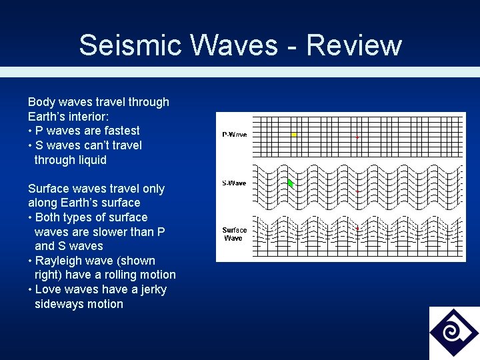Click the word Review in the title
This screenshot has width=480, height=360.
pyautogui.click(x=354, y=45)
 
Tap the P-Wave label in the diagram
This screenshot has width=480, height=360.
pyautogui.click(x=234, y=135)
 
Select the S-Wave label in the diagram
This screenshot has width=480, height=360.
pyautogui.click(x=234, y=183)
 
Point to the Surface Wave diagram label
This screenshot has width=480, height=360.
pyautogui.click(x=234, y=234)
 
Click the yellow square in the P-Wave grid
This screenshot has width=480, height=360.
pyautogui.click(x=293, y=135)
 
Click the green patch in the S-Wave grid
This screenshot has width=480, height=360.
pyautogui.click(x=290, y=183)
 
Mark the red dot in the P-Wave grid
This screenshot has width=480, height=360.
pyautogui.click(x=357, y=137)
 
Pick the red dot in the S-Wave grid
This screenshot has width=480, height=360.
pyautogui.click(x=357, y=191)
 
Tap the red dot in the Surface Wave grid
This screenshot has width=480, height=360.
pyautogui.click(x=357, y=229)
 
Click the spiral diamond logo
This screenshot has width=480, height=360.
pyautogui.click(x=453, y=333)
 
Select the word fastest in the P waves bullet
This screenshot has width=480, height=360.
pyautogui.click(x=119, y=131)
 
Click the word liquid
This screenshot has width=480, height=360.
pyautogui.click(x=91, y=160)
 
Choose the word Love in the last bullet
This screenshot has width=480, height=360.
pyautogui.click(x=47, y=289)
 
